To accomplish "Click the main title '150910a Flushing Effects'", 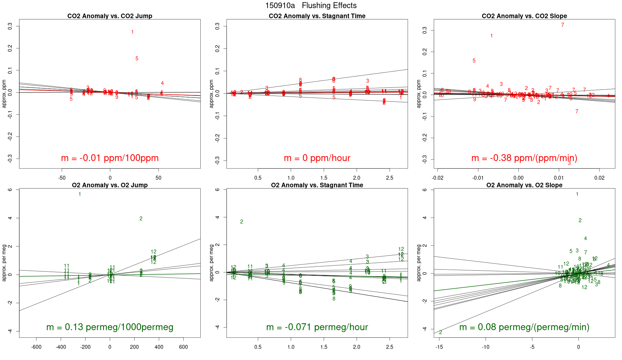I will [311, 6].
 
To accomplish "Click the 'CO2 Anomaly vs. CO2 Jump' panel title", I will [110, 16].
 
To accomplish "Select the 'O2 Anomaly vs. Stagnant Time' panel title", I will [317, 185].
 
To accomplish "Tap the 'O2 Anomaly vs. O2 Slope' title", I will [524, 185].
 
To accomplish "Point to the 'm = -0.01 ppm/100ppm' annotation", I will [110, 158].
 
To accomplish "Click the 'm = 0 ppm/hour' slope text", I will [317, 158].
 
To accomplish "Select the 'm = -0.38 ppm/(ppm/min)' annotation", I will [524, 158].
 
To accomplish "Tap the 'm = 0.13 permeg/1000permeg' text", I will [110, 327].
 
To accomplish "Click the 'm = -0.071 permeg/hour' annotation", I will [317, 327].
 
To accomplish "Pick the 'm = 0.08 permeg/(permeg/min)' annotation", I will [524, 327].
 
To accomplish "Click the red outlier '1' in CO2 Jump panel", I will [132, 32].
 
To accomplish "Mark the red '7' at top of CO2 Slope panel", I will [562, 25].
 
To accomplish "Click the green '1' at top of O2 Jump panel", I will [80, 194].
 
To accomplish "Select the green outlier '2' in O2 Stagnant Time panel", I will [242, 222].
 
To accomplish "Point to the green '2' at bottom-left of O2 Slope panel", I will [440, 333].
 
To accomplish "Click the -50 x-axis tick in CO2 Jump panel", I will [62, 178].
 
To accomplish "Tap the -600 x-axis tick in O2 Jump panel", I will [36, 347].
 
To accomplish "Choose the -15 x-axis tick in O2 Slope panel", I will [439, 347].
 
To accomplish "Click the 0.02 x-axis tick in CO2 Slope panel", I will [599, 178].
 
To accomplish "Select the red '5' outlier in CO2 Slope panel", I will [474, 61].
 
